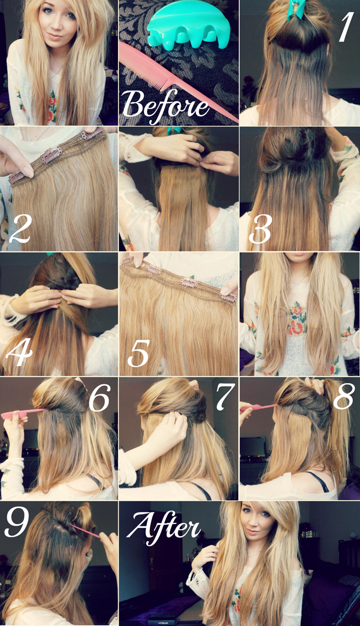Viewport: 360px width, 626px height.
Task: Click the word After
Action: (x=163, y=527)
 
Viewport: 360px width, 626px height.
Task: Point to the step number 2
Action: (x=19, y=229)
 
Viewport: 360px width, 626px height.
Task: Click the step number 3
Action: (x=260, y=229)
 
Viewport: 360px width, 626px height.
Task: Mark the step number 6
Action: (x=99, y=398)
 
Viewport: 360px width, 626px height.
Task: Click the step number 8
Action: (x=343, y=396)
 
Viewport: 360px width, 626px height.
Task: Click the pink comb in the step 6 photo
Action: (x=23, y=414)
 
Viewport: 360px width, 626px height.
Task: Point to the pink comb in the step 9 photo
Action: (x=85, y=530)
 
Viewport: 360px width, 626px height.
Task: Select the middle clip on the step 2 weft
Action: (x=52, y=155)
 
